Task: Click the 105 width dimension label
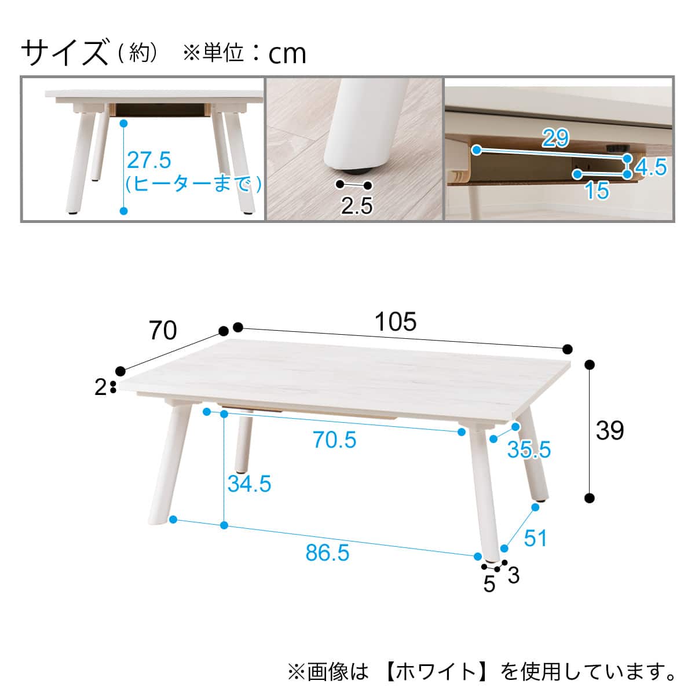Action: point(396,321)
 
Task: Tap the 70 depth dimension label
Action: point(163,330)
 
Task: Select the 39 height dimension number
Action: point(609,430)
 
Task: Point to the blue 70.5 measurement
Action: point(334,440)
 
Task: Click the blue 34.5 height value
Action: point(249,484)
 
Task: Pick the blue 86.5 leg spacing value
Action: point(327,553)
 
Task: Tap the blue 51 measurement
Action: point(536,538)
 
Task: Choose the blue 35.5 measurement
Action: point(529,449)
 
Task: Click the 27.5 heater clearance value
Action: point(149,160)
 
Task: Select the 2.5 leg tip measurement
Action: point(357,206)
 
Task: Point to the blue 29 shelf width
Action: point(556,137)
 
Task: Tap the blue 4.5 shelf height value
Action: point(651,167)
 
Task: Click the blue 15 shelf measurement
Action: point(597,191)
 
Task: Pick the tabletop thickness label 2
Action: point(101,387)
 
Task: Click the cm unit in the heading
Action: point(287,54)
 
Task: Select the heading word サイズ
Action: point(65,53)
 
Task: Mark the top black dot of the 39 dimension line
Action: point(590,365)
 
